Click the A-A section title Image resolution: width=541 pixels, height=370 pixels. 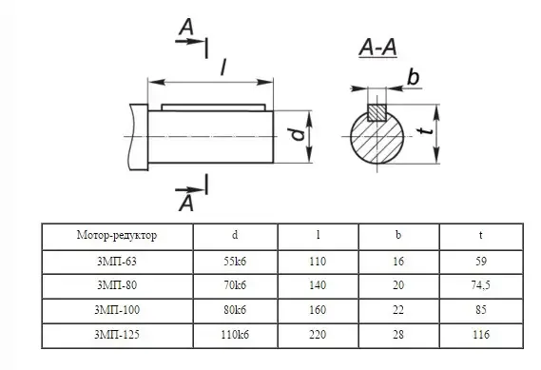click(377, 48)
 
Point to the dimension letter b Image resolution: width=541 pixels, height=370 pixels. click(413, 77)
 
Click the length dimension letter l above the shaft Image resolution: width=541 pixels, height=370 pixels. click(223, 67)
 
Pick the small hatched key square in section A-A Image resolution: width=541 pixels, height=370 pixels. click(377, 113)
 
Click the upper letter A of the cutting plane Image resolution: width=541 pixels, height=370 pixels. click(186, 27)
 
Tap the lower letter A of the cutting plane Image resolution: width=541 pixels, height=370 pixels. click(186, 204)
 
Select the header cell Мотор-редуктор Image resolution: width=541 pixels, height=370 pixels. click(117, 235)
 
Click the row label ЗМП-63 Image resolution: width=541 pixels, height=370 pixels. click(117, 262)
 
